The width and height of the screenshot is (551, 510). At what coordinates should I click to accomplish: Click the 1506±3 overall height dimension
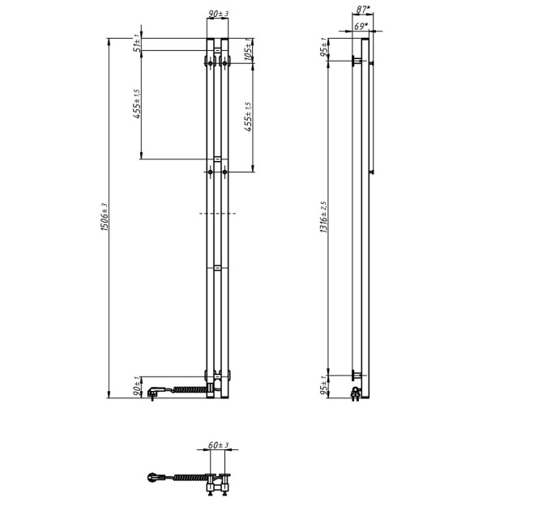105,217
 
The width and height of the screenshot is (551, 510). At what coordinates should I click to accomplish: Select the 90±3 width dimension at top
218,14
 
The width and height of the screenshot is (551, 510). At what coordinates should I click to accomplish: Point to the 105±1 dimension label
248,49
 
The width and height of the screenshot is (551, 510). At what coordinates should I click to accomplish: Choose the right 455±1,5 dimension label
248,117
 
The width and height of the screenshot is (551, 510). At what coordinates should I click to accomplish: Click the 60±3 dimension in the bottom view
218,445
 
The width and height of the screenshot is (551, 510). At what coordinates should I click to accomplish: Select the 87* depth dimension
363,10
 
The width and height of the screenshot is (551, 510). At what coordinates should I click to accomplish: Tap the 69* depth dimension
361,26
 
